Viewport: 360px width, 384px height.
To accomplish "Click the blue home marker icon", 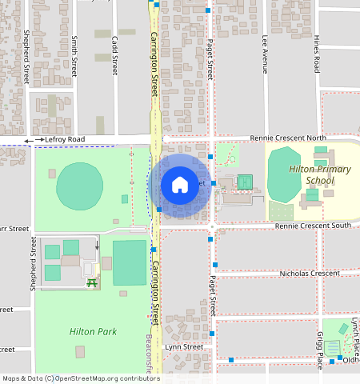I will [180, 185].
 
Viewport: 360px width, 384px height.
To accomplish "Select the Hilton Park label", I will [93, 330].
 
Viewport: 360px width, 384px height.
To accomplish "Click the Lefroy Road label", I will [65, 139].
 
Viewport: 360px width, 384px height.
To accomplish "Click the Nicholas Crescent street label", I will [310, 274].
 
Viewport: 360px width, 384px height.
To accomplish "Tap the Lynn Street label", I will [184, 347].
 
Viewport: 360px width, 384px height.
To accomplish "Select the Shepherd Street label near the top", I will [26, 58].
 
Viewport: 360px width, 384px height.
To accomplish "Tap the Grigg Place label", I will [320, 350].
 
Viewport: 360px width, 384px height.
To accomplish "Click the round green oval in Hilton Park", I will [79, 186].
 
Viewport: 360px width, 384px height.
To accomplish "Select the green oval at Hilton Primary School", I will [281, 174].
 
